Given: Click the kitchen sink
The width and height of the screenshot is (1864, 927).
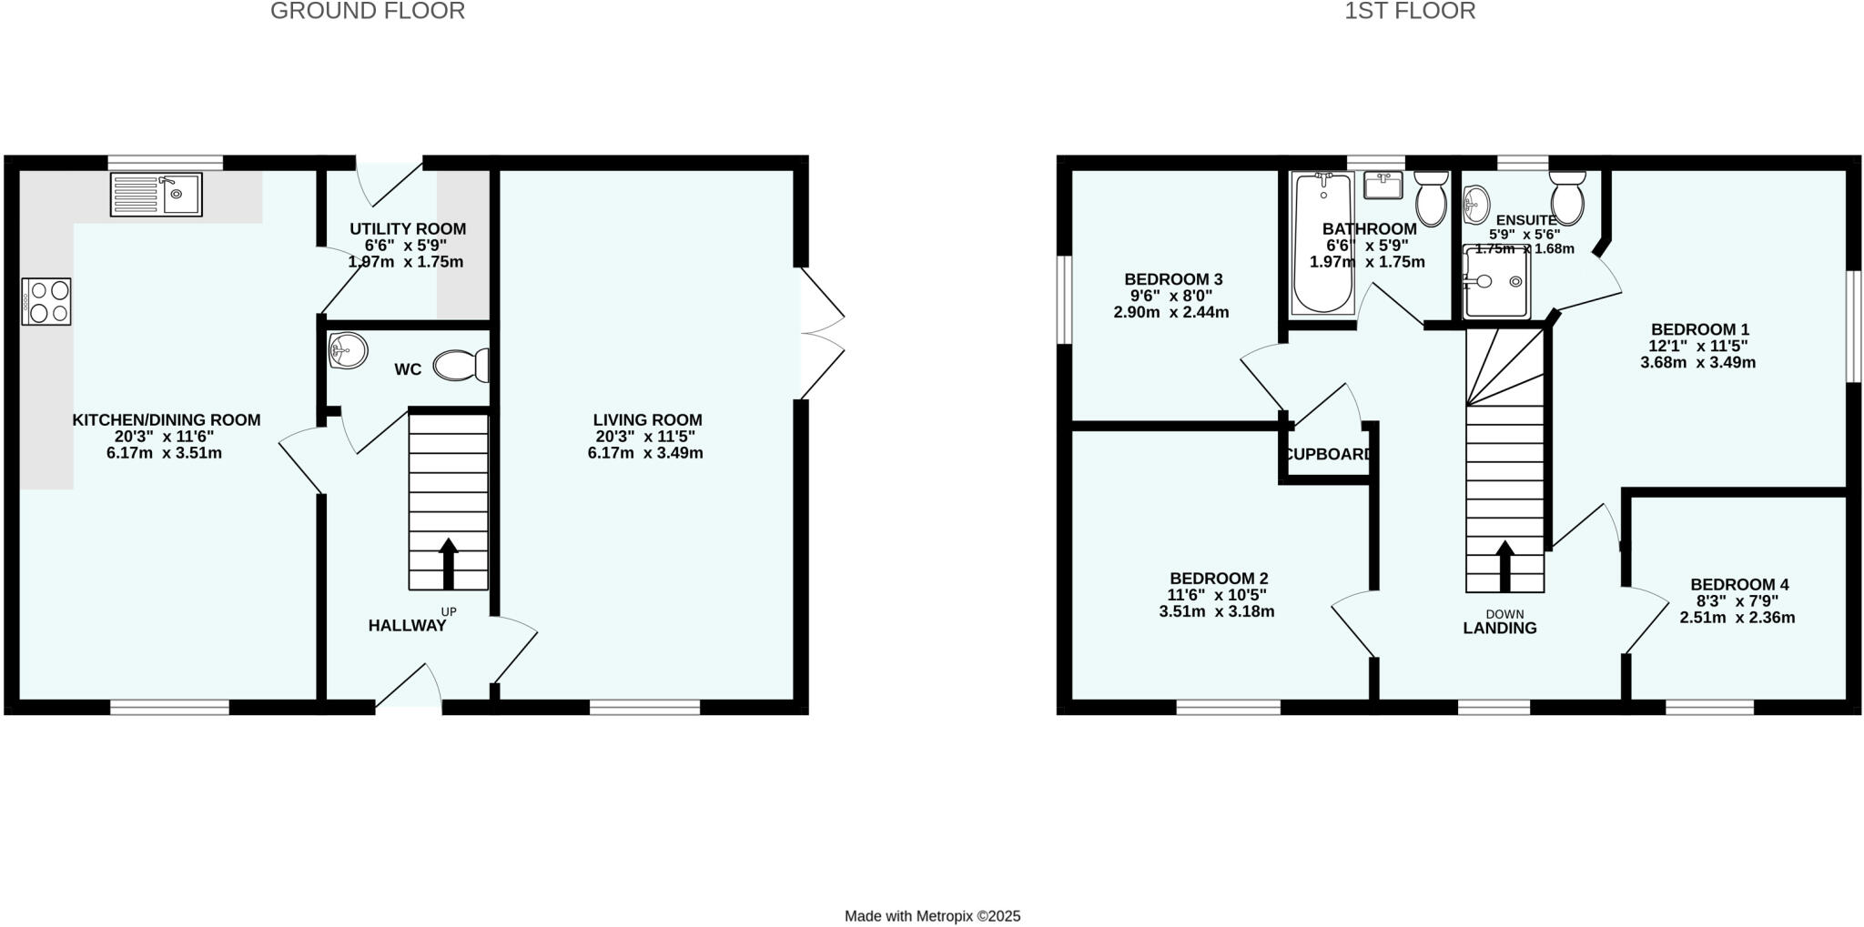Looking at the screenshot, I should [x=156, y=195].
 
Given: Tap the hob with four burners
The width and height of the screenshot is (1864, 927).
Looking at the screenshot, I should [x=46, y=302].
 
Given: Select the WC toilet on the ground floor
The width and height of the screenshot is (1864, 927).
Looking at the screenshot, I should [x=461, y=366].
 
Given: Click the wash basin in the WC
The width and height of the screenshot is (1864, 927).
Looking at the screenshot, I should [x=348, y=350].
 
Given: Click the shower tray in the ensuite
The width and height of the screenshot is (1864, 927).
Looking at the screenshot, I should [x=1495, y=282].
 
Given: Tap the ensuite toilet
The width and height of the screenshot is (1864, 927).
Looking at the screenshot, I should [x=1567, y=197].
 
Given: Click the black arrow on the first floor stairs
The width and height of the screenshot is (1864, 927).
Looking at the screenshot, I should [x=1504, y=567].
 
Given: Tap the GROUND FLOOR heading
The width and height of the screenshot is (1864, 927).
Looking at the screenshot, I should [x=368, y=11].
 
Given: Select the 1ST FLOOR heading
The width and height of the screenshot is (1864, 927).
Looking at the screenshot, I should [x=1410, y=11].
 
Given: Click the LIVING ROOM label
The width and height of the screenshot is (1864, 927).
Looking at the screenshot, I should [x=647, y=420].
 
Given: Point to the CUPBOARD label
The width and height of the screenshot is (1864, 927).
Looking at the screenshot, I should [x=1328, y=455].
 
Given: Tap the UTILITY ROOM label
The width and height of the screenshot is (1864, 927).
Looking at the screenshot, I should [x=408, y=229].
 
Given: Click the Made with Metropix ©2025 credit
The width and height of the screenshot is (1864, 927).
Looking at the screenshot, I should [x=932, y=916].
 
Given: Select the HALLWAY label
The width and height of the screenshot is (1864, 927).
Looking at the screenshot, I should [x=407, y=626].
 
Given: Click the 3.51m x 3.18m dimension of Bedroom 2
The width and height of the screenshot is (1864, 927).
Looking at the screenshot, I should [x=1216, y=611].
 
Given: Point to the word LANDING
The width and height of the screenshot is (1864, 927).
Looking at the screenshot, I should [x=1499, y=629].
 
